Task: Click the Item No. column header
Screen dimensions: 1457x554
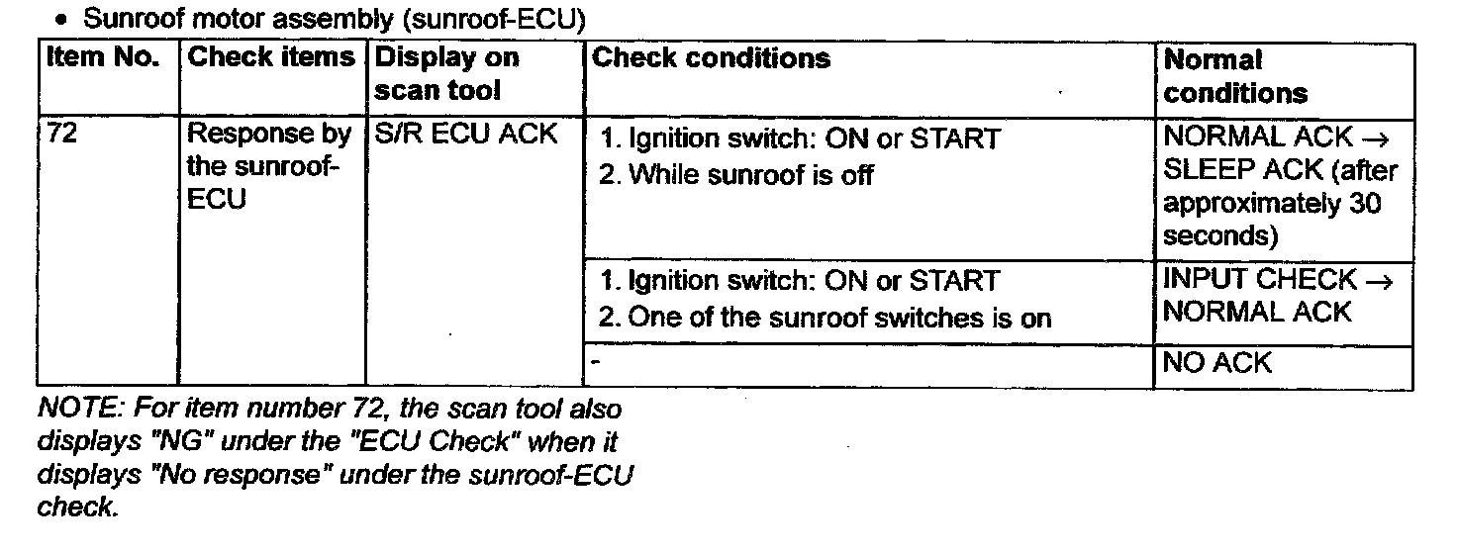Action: [103, 58]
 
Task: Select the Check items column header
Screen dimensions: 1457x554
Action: [270, 57]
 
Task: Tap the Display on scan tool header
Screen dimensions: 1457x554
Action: [446, 74]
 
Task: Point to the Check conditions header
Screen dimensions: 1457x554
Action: [711, 58]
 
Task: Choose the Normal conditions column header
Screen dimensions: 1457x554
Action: [1235, 76]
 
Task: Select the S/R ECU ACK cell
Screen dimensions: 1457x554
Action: [465, 134]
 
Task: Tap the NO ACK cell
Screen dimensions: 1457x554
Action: [1216, 363]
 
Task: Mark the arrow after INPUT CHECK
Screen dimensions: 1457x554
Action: [1378, 282]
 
